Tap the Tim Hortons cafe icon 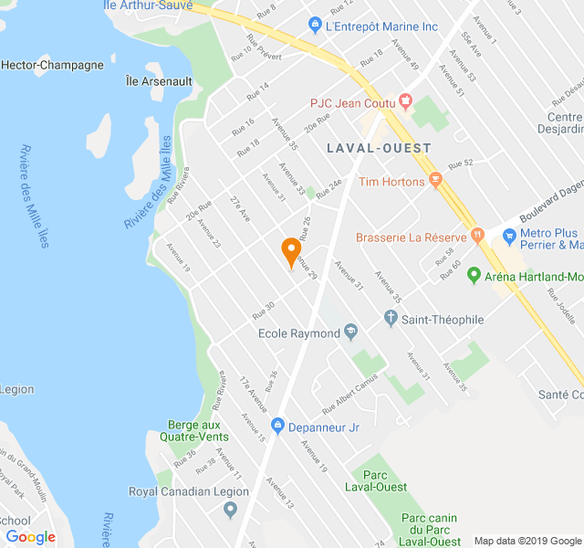[435, 181]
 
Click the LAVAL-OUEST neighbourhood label [379, 147]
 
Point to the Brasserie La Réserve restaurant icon [477, 237]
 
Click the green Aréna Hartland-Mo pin [474, 275]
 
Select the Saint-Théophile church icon [391, 320]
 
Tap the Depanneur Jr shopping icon [277, 426]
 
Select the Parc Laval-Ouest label [376, 480]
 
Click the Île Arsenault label [159, 81]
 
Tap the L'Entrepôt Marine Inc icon [315, 26]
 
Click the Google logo [30, 537]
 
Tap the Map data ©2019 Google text [527, 540]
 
